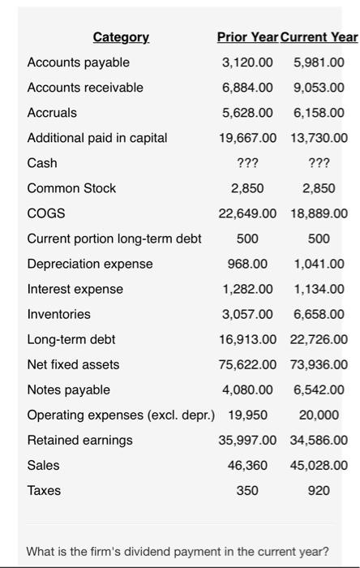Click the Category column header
(x=121, y=37)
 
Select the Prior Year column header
(x=247, y=37)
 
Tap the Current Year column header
(x=319, y=37)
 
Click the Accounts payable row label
(x=78, y=62)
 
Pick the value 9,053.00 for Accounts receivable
(x=319, y=88)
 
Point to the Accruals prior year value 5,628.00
(x=247, y=113)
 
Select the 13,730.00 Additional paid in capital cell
(x=317, y=138)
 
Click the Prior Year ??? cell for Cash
(x=247, y=163)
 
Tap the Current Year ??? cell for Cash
(x=319, y=163)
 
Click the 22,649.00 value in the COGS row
(x=247, y=213)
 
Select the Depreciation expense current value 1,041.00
(x=319, y=264)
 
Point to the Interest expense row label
(x=75, y=289)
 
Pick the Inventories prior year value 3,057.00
(x=247, y=314)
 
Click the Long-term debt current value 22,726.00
(x=317, y=339)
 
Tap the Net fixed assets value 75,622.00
(x=247, y=364)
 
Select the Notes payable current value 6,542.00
(x=319, y=389)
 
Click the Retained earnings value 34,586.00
(x=317, y=440)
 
